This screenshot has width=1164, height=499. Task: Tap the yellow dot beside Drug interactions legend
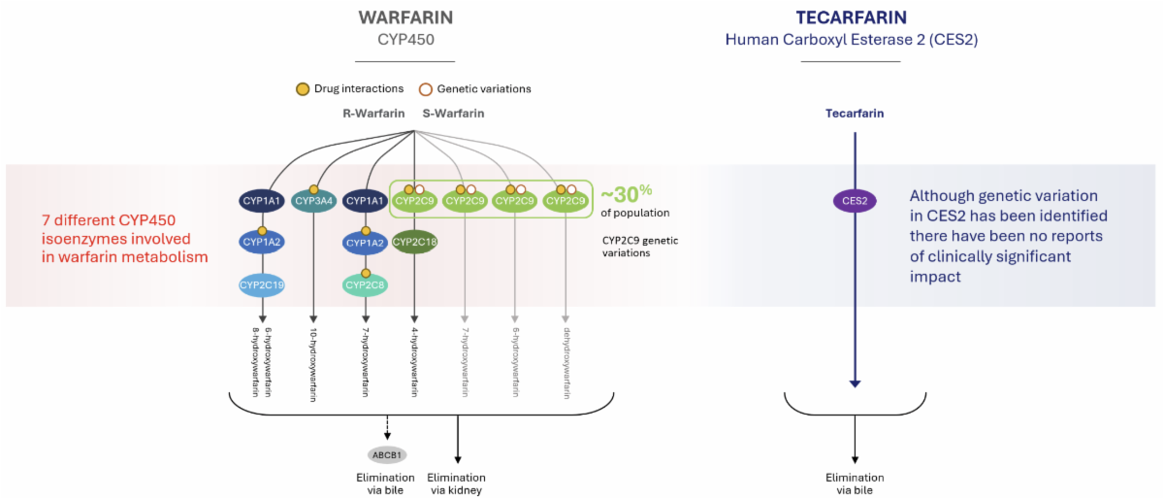tap(303, 88)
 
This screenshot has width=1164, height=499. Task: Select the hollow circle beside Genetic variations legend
tap(425, 88)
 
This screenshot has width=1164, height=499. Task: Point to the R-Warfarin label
tap(372, 114)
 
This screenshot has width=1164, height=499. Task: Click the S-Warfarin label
tap(453, 114)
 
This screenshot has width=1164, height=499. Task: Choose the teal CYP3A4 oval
tap(314, 201)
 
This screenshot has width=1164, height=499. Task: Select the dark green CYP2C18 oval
tap(415, 242)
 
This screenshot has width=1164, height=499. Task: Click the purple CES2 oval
tap(855, 202)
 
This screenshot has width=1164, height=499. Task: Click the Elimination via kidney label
tap(456, 483)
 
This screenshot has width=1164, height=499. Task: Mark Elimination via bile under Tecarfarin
tap(855, 483)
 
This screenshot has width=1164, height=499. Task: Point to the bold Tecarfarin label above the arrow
tap(855, 114)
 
